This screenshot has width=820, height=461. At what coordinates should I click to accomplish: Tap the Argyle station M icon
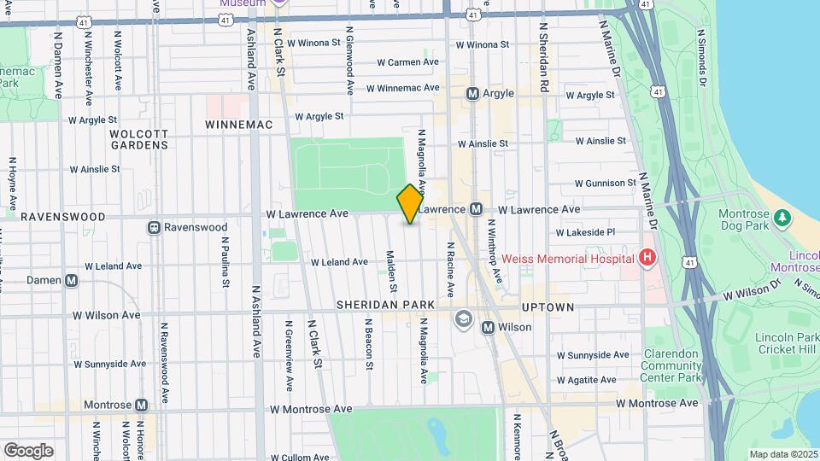click(471, 94)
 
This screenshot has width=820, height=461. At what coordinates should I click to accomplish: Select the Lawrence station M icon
click(477, 209)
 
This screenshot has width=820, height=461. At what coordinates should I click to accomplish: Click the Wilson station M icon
click(488, 327)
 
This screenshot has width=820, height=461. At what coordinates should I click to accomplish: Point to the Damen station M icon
click(71, 280)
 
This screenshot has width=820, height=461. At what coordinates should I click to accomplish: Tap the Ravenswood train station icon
click(154, 227)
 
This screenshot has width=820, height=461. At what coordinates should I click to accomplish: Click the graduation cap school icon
click(463, 318)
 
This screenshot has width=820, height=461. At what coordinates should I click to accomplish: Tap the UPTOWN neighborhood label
click(549, 306)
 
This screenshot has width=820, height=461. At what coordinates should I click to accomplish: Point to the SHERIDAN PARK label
click(384, 305)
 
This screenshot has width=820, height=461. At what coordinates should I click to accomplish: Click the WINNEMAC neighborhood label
click(238, 125)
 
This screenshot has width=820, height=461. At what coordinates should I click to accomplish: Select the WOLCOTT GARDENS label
click(138, 139)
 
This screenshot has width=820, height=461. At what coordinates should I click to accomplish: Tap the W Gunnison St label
click(605, 184)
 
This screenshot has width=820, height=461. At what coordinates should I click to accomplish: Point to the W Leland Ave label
click(339, 262)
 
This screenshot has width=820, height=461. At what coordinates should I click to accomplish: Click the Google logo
click(28, 450)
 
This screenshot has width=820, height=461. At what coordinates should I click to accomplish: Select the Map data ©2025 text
click(782, 454)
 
